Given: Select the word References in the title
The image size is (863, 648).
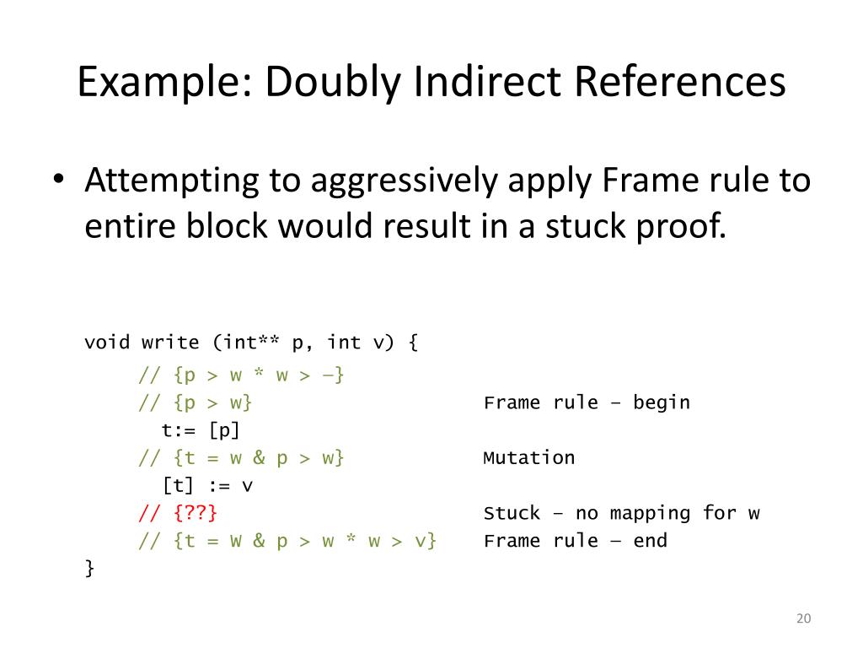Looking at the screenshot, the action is (681, 83).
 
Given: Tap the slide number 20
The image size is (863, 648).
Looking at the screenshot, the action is (802, 619).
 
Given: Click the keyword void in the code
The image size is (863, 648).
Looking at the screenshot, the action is (107, 343).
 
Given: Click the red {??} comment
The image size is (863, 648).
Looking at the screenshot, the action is (196, 513).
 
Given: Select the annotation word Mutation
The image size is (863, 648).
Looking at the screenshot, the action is (528, 458).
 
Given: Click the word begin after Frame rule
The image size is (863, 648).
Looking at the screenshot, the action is (661, 402).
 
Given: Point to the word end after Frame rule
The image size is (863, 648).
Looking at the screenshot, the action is (650, 541).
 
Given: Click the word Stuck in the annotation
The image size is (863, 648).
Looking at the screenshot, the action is (512, 513).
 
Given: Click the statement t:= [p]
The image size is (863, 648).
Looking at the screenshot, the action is (201, 430).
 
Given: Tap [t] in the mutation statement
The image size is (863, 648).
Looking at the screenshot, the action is (176, 486).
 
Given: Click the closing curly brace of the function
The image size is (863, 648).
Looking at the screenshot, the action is (89, 568).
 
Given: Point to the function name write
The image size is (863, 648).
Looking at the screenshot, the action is (170, 343).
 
